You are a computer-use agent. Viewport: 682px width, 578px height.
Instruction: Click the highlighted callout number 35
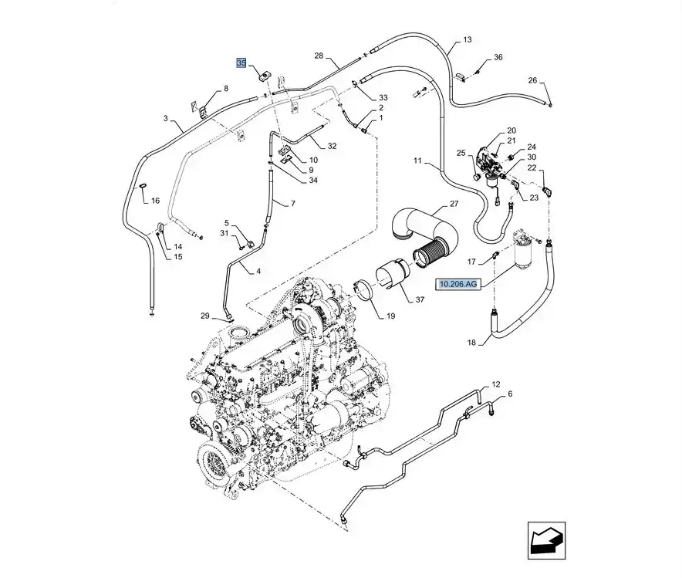pos(241,63)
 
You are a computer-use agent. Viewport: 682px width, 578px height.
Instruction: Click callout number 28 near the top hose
pos(320,56)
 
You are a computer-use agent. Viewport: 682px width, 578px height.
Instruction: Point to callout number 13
pos(467,39)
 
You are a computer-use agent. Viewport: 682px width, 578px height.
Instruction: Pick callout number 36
pos(498,57)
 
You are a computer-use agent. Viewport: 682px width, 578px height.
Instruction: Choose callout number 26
pos(532,80)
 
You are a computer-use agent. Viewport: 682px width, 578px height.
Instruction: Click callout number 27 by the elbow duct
pos(454,204)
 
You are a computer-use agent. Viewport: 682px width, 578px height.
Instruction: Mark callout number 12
pos(496,384)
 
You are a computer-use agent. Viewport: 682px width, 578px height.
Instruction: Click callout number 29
pos(204,316)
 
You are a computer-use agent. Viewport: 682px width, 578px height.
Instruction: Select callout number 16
pos(155,201)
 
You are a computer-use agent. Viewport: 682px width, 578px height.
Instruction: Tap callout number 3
pos(165,118)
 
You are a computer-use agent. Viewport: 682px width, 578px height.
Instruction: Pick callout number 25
pos(461,154)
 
